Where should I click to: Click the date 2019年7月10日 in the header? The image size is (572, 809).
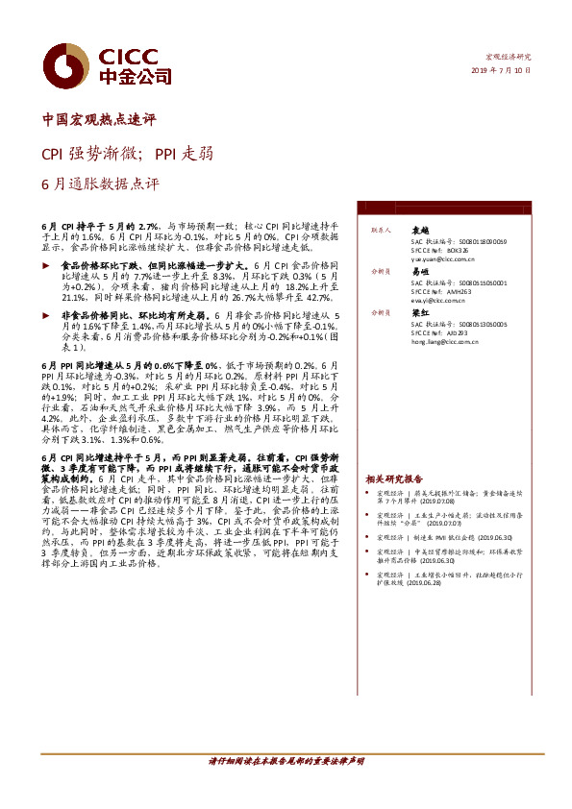(501, 70)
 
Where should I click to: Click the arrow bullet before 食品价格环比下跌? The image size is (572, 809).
(48, 262)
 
